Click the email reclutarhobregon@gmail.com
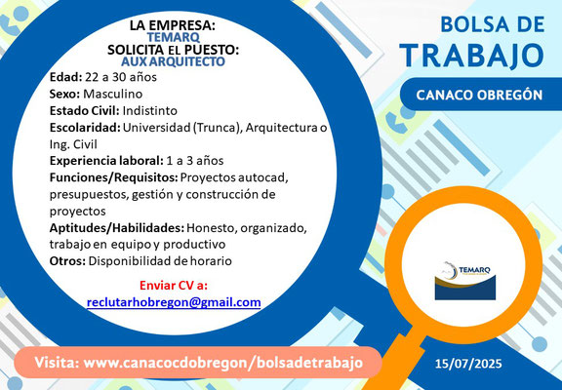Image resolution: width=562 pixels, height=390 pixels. (174, 302)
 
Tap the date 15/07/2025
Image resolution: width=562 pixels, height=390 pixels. (468, 365)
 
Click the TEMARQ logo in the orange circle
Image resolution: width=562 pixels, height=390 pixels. (465, 281)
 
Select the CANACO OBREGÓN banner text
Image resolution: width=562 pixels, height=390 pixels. (479, 95)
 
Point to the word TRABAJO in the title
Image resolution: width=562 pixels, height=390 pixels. (474, 56)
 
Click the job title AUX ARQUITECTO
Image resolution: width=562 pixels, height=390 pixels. (173, 61)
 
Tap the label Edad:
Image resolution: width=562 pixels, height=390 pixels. (66, 77)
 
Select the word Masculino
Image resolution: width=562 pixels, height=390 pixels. (113, 95)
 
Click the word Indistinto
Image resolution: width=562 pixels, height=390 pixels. (150, 110)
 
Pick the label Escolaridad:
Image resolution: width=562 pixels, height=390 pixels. (85, 128)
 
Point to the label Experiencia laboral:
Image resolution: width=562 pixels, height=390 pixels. (106, 161)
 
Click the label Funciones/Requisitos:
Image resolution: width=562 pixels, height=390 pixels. (113, 177)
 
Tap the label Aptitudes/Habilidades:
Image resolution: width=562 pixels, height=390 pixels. (117, 228)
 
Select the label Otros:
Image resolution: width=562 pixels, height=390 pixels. (67, 261)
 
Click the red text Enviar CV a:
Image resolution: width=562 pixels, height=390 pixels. (174, 286)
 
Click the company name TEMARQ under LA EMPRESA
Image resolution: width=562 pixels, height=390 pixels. (174, 37)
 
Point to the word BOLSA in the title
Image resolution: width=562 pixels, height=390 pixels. (467, 25)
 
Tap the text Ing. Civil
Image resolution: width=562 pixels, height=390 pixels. (73, 144)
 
